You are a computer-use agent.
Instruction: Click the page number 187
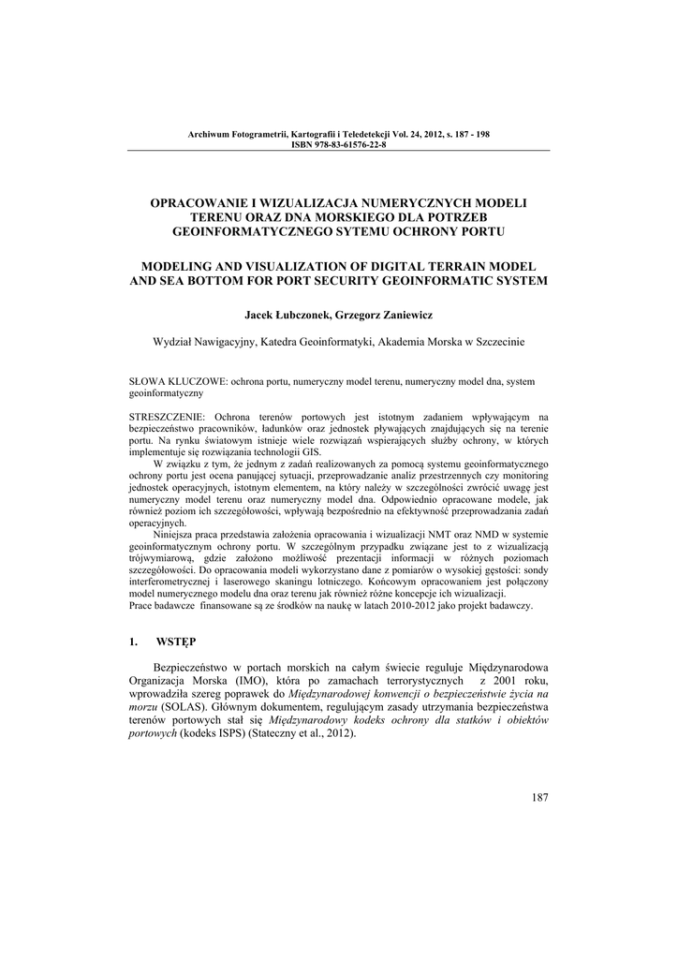pos(538,797)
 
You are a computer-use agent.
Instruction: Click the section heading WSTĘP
pos(174,642)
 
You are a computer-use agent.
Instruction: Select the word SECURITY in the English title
pos(318,281)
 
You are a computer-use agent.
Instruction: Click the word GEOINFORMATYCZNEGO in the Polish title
pos(251,230)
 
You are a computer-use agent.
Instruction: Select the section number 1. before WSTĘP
pos(132,642)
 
